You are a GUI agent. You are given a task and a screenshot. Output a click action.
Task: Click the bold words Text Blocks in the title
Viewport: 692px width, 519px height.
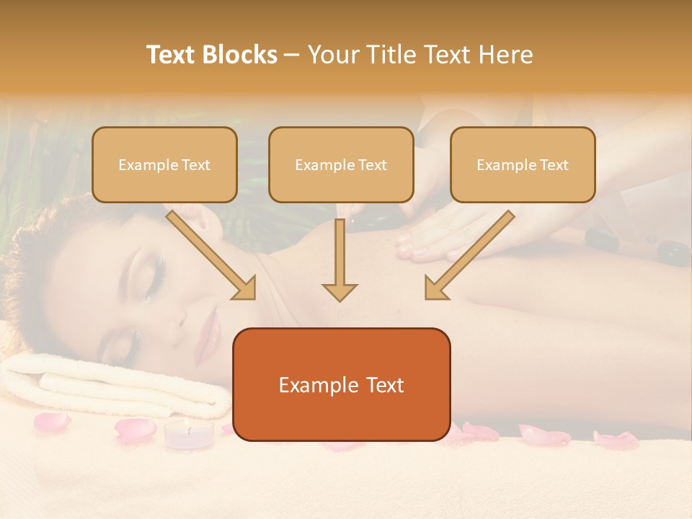tap(211, 55)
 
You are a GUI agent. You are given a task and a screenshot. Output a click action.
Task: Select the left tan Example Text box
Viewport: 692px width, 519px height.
tap(164, 164)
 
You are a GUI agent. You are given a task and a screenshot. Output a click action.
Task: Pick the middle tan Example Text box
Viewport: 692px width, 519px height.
tap(341, 164)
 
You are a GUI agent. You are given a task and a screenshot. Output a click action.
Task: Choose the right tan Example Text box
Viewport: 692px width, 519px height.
tap(523, 164)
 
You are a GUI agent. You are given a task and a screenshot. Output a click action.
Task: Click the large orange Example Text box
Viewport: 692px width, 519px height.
tap(341, 384)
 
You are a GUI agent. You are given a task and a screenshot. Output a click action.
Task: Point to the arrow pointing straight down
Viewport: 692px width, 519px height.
tap(340, 261)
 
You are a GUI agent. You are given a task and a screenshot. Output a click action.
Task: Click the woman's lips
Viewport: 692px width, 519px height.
tap(210, 329)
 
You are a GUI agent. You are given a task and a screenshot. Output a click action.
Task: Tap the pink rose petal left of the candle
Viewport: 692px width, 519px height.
tap(135, 430)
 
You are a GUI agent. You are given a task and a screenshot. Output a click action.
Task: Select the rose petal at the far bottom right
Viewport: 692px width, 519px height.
tap(616, 439)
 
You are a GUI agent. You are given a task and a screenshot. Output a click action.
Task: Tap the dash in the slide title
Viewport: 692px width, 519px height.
tap(292, 55)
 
